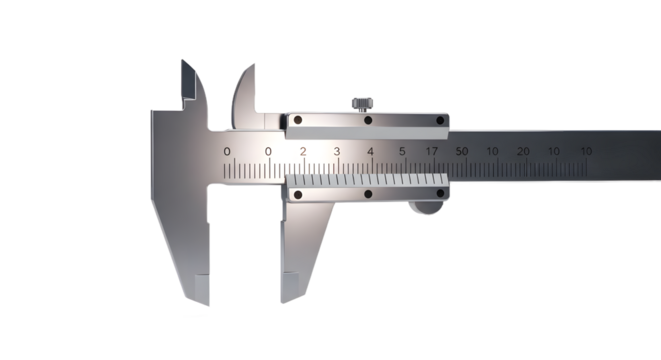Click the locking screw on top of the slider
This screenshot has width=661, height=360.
coord(362,101)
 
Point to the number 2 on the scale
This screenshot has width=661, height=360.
coord(303,151)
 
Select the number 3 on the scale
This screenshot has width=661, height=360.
coord(337,151)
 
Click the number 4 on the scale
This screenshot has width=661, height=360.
coord(370,151)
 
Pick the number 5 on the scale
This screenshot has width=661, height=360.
coord(402,151)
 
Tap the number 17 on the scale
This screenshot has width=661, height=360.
coord(431,151)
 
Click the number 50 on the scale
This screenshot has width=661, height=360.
coord(462,151)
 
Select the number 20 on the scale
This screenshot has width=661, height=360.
coord(523,151)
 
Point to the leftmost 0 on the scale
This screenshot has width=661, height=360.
coord(227,151)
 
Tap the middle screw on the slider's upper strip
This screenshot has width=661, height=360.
coord(367,121)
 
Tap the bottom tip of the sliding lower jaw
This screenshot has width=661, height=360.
coord(289,303)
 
